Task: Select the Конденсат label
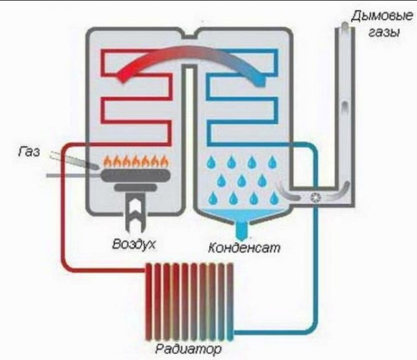(x=244, y=247)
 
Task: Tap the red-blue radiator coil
(x=189, y=298)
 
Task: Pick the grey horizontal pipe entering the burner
(x=68, y=177)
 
